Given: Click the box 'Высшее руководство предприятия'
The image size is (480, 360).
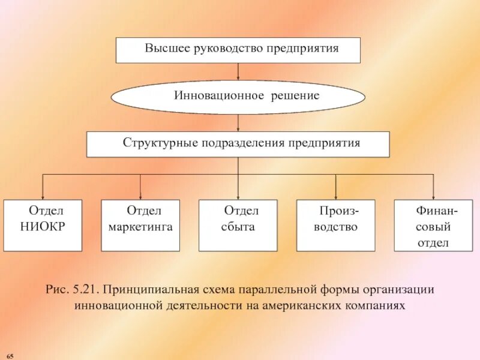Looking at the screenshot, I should (x=238, y=50).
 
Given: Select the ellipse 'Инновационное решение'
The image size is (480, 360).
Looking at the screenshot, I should (x=238, y=97).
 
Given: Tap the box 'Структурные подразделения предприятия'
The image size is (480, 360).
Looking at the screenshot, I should (x=238, y=145).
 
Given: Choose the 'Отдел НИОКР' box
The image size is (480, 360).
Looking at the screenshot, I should (x=43, y=225).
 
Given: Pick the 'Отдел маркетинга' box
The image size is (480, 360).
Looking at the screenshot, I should (x=140, y=225).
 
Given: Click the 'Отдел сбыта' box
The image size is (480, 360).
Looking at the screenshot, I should (x=238, y=225).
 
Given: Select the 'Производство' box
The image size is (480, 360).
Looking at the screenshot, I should (x=336, y=225).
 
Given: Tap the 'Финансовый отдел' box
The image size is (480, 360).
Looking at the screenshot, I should (x=433, y=225).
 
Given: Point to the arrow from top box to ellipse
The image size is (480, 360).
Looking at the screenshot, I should (x=238, y=71).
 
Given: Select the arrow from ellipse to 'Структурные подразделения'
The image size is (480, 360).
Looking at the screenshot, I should (x=238, y=123).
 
